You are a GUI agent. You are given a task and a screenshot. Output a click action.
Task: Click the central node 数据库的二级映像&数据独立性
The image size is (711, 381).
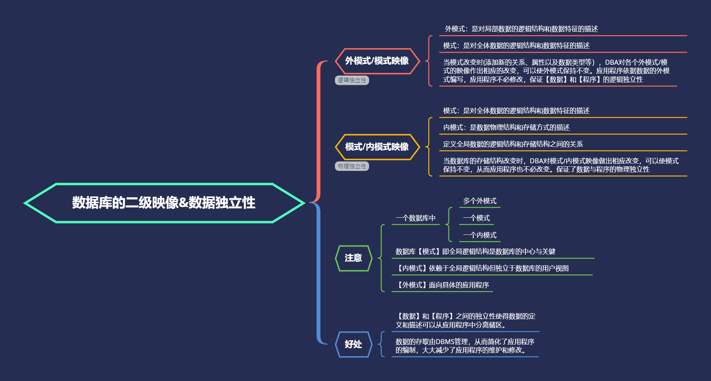164,203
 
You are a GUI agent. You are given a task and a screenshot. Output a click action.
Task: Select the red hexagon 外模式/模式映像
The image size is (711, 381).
377,61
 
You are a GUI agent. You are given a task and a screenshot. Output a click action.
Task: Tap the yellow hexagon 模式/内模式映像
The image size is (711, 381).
377,147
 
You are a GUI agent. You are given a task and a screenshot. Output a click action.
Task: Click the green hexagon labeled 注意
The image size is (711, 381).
353,258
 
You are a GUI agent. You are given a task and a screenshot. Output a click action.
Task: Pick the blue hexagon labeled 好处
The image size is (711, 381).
353,344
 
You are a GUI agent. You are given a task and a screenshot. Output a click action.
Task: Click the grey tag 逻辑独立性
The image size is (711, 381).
352,80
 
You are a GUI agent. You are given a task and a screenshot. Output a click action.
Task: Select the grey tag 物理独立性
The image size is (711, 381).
352,166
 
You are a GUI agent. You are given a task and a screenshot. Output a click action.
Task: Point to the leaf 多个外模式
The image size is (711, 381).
480,201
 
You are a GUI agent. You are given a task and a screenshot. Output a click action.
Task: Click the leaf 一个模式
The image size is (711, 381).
476,218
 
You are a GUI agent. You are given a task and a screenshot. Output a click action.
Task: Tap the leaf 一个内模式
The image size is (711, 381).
480,235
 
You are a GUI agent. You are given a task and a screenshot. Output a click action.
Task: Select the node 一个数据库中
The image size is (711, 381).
415,218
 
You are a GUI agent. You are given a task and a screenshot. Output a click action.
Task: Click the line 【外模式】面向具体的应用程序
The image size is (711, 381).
442,285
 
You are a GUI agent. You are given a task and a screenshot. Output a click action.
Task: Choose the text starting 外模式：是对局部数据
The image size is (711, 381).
521,29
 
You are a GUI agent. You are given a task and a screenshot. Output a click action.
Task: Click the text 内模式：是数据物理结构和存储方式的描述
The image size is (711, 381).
506,128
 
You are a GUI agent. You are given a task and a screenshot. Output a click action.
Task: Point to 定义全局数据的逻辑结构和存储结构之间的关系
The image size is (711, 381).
513,144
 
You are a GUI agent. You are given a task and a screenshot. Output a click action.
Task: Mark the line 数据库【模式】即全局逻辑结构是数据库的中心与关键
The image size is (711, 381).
475,252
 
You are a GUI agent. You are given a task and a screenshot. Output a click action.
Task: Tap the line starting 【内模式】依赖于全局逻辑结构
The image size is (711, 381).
482,268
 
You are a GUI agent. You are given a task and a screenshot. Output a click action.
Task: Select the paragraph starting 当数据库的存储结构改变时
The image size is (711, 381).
561,165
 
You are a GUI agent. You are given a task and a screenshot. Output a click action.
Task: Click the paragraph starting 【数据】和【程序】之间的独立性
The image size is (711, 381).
465,320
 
